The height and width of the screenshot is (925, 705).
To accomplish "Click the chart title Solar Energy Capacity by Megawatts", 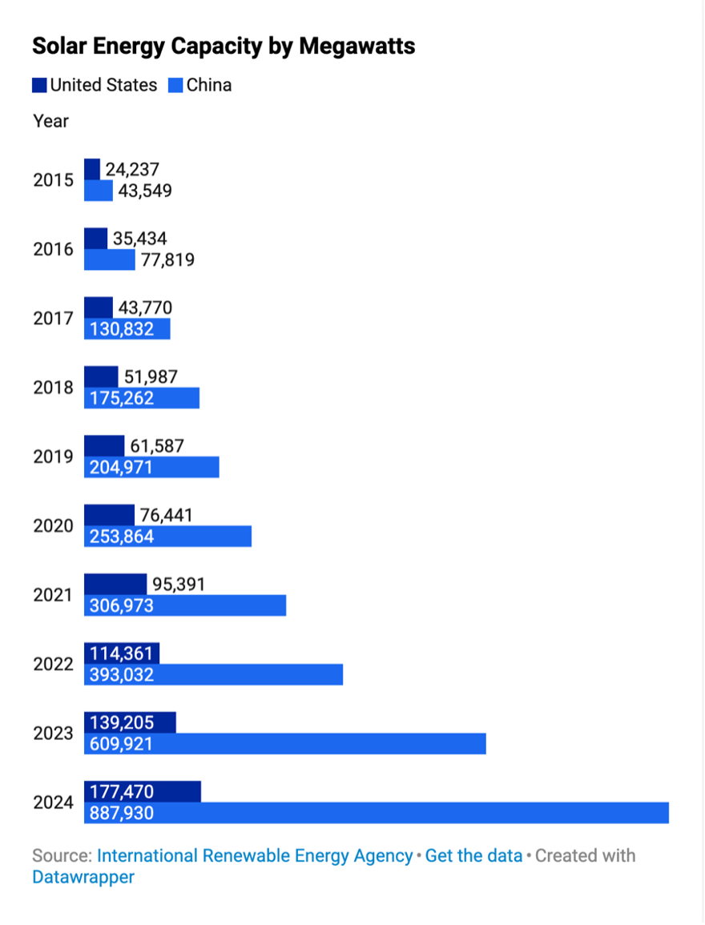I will coord(224,46).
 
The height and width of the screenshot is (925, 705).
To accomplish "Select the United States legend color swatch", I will coord(39,85).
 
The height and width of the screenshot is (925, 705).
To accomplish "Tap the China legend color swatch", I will coord(175,85).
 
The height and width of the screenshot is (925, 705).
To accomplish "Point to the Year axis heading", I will coord(50,121).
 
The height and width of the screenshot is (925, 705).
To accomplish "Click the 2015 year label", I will coord(53,180).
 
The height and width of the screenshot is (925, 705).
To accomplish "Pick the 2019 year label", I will coord(53,456).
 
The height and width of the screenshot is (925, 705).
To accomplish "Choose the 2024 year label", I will coord(53,802).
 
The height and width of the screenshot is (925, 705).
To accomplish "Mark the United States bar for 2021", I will coord(115,585).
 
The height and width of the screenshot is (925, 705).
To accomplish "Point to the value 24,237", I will coord(132,170).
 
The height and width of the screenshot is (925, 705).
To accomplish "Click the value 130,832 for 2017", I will coord(122,329).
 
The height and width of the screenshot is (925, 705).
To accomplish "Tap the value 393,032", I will coord(122,675).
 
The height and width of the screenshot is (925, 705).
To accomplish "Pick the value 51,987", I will coord(150,377).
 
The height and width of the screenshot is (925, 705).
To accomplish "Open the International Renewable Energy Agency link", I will coord(255,855).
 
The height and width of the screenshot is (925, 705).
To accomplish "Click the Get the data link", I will coord(473,855).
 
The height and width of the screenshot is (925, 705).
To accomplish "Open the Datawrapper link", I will coord(83,877).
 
